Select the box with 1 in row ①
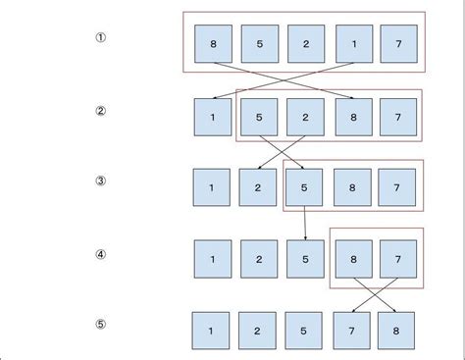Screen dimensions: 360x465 pyautogui.click(x=352, y=44)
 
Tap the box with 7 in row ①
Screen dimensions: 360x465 pyautogui.click(x=398, y=44)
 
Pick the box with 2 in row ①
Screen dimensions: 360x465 pyautogui.click(x=306, y=44)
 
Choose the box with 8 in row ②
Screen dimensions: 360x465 pyautogui.click(x=352, y=117)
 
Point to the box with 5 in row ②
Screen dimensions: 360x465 pyautogui.click(x=259, y=117)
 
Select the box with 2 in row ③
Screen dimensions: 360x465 pyautogui.click(x=258, y=187)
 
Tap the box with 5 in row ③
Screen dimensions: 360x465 pyautogui.click(x=305, y=187)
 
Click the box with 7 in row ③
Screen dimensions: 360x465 pyautogui.click(x=397, y=187)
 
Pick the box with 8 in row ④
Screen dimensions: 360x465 pyautogui.click(x=352, y=259)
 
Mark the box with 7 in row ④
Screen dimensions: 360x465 pyautogui.click(x=397, y=259)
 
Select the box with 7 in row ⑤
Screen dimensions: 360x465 pyautogui.click(x=350, y=331)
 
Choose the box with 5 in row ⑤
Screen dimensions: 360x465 pyautogui.click(x=304, y=331)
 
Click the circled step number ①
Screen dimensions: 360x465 pyautogui.click(x=100, y=38)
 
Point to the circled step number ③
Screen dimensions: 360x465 pyautogui.click(x=100, y=181)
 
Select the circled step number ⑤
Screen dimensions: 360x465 pyautogui.click(x=100, y=325)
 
